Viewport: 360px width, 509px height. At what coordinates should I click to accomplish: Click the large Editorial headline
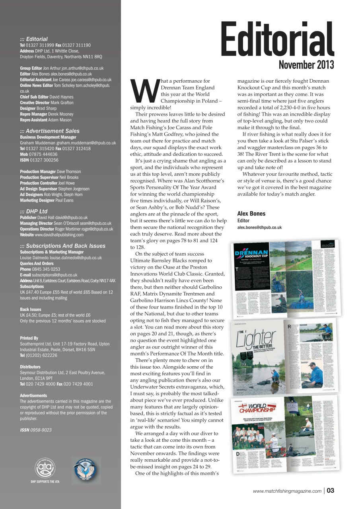click(x=277, y=40)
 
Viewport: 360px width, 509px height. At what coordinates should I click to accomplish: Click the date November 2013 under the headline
click(x=306, y=65)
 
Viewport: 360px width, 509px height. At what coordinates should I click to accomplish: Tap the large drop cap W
click(x=144, y=91)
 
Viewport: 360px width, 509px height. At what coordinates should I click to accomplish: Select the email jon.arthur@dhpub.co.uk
click(x=82, y=68)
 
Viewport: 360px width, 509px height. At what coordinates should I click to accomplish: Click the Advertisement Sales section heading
click(x=50, y=131)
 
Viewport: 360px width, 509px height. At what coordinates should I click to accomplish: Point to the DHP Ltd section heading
click(x=34, y=212)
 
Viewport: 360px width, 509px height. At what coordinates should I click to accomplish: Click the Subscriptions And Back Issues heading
click(x=63, y=246)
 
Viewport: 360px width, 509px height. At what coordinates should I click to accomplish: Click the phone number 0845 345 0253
click(x=46, y=269)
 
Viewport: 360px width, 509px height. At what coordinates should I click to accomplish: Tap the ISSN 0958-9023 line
click(x=36, y=430)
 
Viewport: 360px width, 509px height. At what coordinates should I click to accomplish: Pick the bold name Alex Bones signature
click(x=251, y=214)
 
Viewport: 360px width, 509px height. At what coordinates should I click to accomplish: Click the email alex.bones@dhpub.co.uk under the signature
click(x=259, y=227)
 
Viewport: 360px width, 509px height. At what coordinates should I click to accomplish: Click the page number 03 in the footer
click(x=330, y=491)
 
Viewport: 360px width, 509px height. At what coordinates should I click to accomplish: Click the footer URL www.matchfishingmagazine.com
click(x=287, y=491)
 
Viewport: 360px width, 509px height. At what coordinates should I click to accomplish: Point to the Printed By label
click(x=29, y=338)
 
